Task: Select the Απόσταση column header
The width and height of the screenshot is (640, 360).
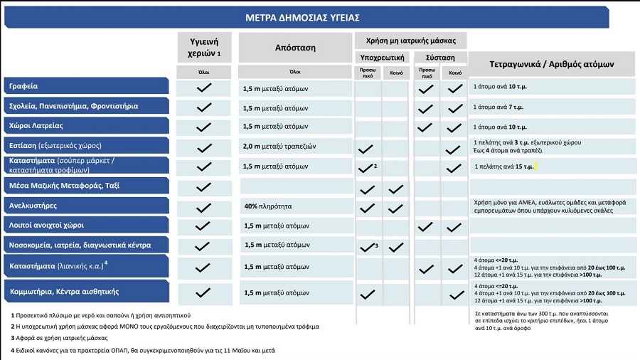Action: click(294, 48)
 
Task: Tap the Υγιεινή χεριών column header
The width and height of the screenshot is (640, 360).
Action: click(203, 48)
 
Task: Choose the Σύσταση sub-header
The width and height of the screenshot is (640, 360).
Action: click(440, 57)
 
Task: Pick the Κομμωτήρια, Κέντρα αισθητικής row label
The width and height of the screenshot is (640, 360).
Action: click(64, 292)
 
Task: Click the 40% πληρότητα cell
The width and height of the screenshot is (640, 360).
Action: click(267, 206)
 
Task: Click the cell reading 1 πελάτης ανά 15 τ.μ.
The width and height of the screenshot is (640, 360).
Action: click(503, 166)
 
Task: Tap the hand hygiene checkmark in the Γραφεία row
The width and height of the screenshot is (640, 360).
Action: click(204, 88)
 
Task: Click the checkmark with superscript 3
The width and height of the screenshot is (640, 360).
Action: click(368, 247)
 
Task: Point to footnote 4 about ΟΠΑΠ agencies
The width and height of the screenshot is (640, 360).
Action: click(143, 351)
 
